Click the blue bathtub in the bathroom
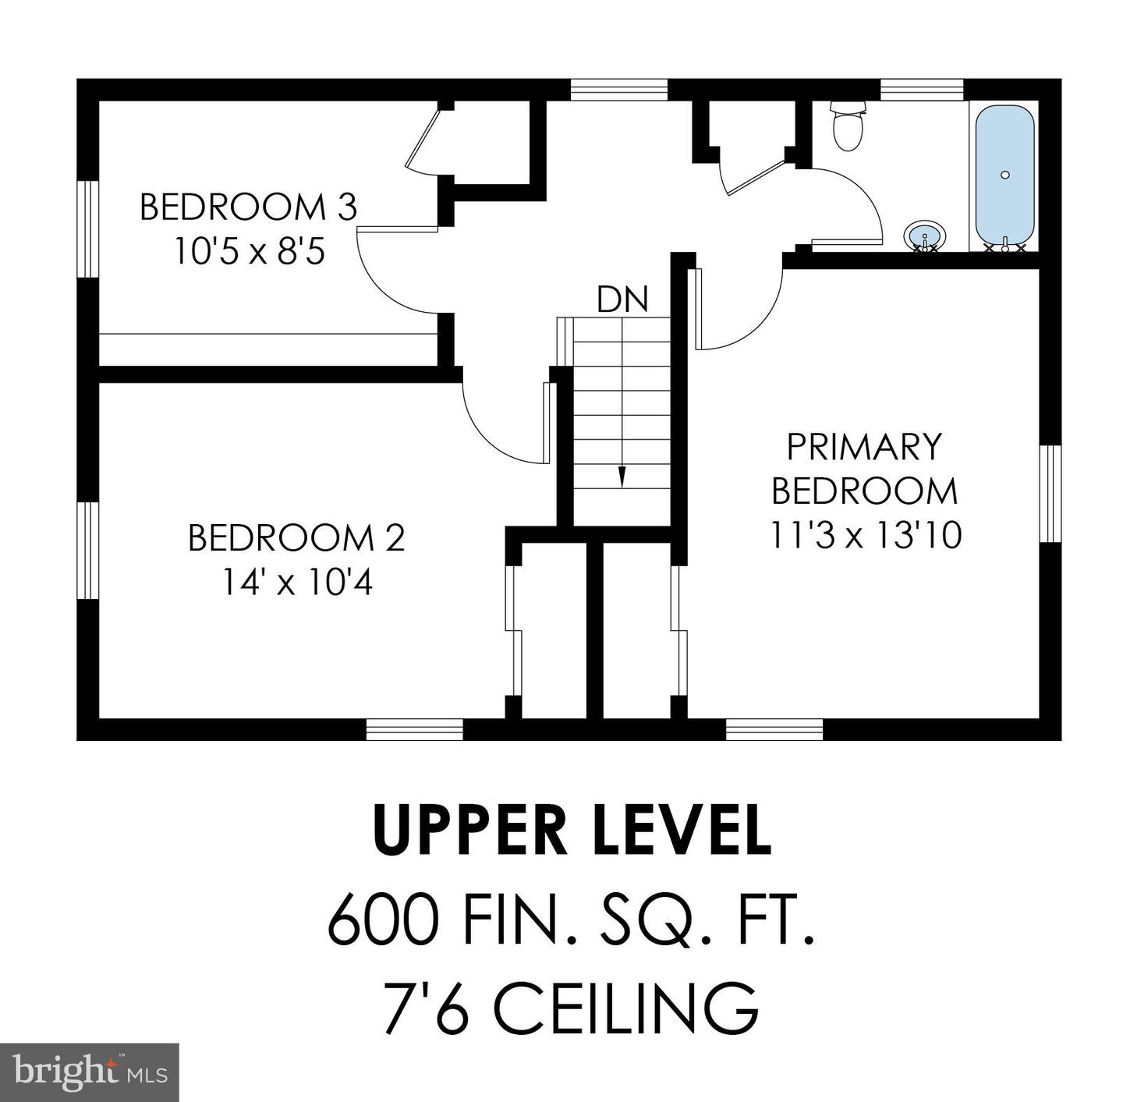coord(1004,179)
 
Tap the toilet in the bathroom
coord(848,125)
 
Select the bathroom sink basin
coord(924,236)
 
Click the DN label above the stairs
coord(622,299)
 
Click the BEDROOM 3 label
coord(249,207)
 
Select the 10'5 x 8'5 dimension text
coord(250,253)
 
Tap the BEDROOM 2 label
coord(296,538)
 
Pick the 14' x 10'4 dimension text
coord(297,583)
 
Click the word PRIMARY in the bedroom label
coord(864,447)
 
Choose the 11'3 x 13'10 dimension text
coord(866,535)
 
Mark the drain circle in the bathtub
coord(1004,175)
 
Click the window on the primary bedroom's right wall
coord(1050,493)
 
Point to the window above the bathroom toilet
coord(921,90)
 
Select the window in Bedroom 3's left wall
coord(88,229)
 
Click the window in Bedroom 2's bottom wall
coord(414,729)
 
